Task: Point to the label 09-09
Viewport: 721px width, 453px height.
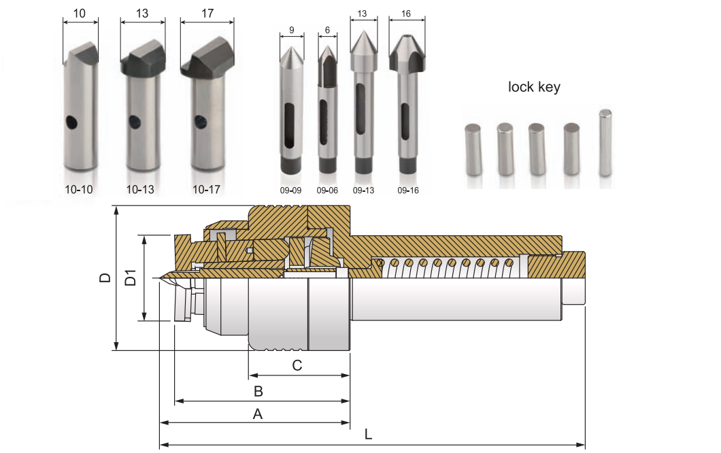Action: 291,190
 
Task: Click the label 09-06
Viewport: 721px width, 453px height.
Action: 327,190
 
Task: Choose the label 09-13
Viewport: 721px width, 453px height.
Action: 364,190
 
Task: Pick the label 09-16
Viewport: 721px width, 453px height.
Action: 408,190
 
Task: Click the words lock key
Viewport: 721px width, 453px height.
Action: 534,87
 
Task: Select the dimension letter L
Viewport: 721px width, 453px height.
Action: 368,434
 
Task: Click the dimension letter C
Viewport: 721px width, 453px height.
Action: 297,365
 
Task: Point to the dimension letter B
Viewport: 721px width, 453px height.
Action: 258,391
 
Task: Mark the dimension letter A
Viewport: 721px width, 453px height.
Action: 258,414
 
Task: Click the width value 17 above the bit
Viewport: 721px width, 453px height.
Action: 207,12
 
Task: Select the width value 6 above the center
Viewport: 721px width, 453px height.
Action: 328,30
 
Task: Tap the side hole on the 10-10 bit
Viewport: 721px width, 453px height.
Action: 71,122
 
